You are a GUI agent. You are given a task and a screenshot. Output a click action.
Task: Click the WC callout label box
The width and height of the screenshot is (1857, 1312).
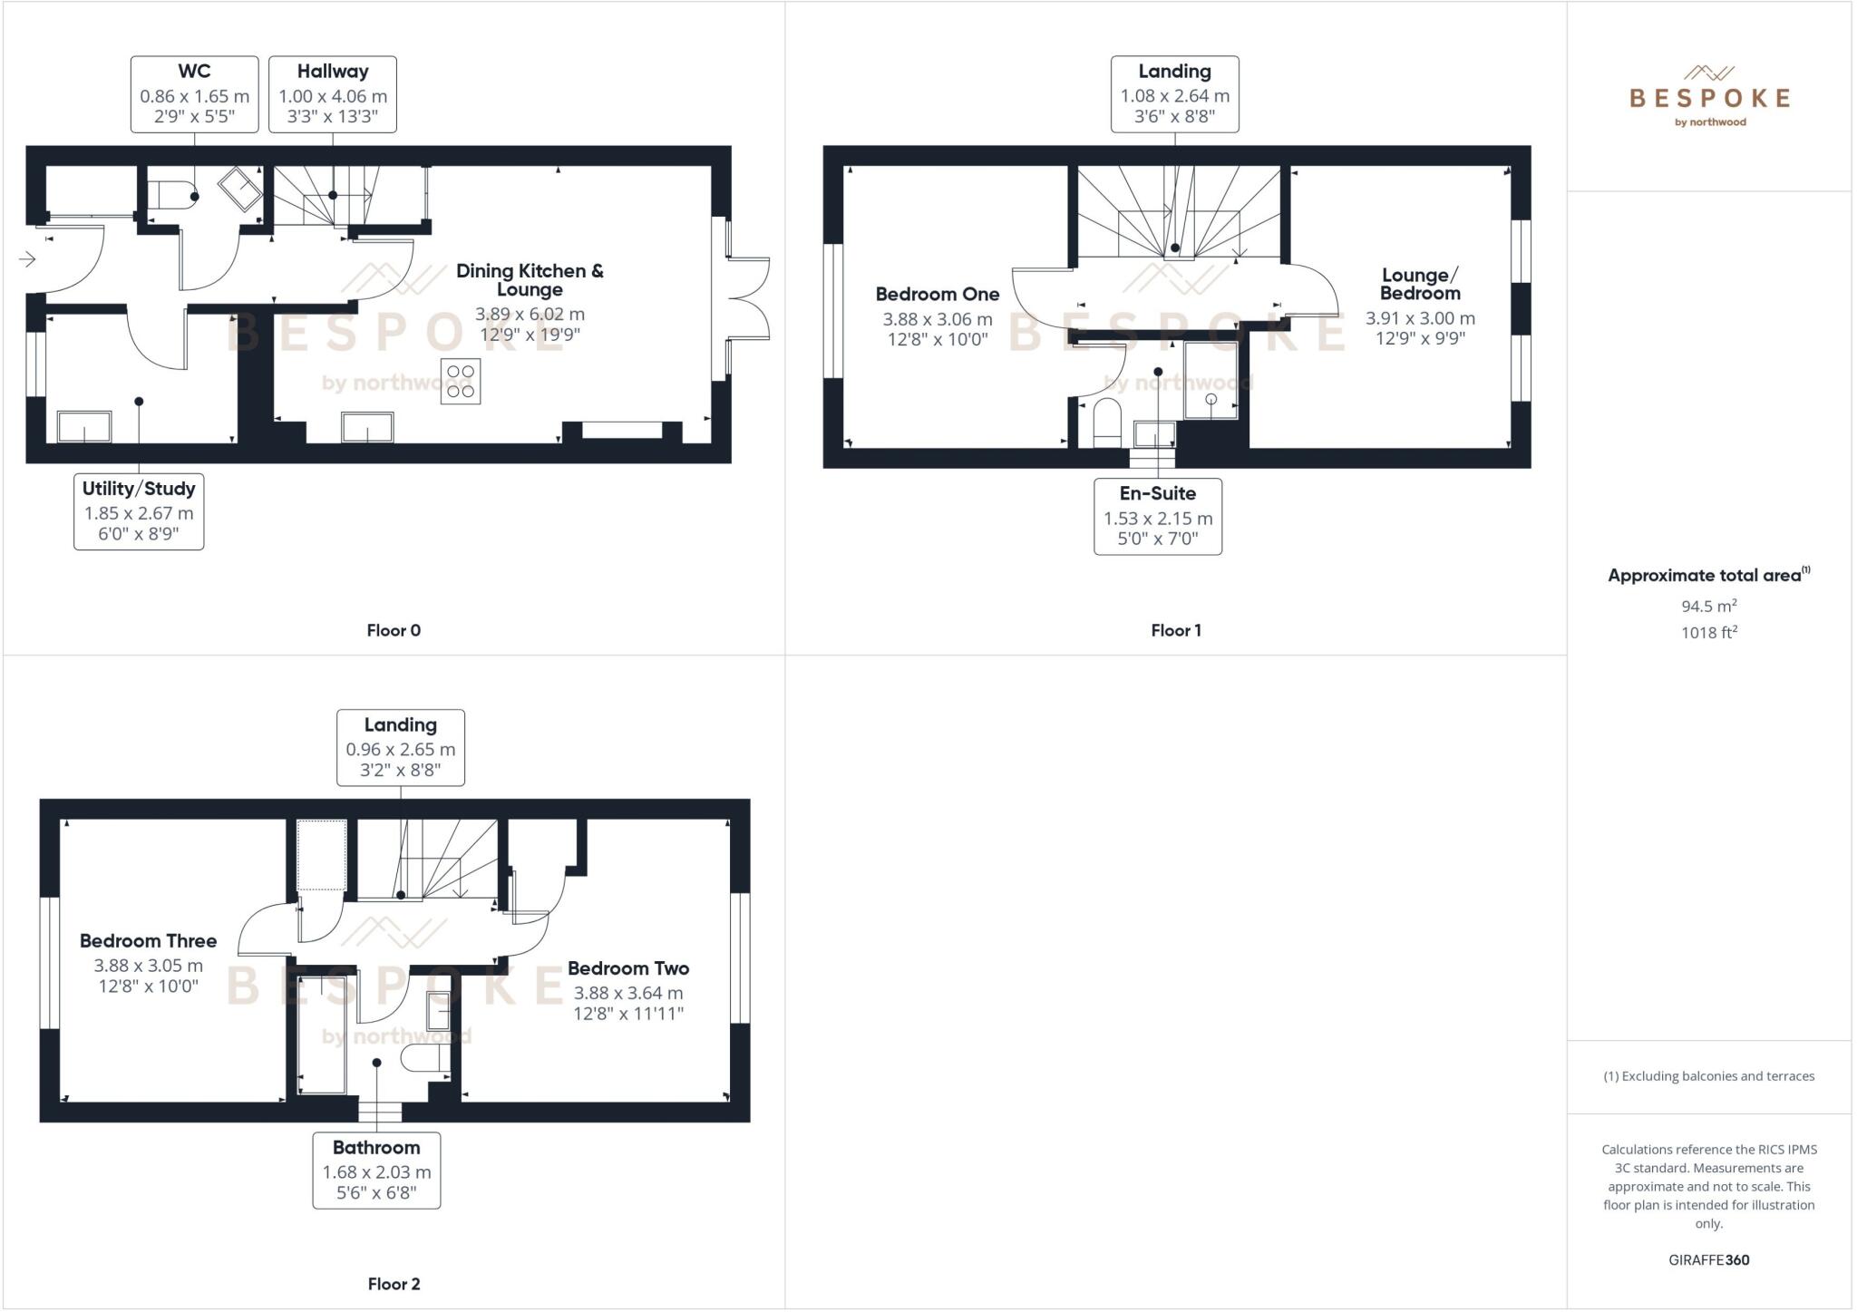(194, 94)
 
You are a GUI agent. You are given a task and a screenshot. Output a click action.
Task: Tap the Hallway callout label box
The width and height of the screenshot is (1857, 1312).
(332, 94)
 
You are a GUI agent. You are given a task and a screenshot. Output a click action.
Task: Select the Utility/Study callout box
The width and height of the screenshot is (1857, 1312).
(139, 511)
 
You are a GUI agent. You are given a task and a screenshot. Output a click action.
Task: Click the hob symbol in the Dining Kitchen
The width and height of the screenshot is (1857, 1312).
(461, 382)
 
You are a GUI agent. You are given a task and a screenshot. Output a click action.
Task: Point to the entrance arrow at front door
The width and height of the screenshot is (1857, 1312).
(27, 260)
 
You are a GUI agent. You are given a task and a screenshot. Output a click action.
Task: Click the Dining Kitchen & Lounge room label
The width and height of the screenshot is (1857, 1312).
(530, 279)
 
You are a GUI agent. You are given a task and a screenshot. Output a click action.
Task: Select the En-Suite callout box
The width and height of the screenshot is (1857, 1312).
(1158, 517)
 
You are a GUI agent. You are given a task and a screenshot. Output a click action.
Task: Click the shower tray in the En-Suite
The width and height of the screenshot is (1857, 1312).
(1211, 381)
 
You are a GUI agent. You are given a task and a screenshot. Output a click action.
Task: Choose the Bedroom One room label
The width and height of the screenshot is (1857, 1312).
(938, 294)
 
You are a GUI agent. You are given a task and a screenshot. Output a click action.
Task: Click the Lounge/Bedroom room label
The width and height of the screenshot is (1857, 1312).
(1420, 284)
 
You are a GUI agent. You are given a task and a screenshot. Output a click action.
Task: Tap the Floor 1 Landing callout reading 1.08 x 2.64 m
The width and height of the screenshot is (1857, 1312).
(1174, 94)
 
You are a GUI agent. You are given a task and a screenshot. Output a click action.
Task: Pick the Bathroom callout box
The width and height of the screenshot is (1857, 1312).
(376, 1171)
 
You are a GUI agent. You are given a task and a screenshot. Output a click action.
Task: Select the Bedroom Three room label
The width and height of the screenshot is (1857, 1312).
(148, 941)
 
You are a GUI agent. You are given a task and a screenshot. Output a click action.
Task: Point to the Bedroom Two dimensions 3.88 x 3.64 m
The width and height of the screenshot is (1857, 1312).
(628, 993)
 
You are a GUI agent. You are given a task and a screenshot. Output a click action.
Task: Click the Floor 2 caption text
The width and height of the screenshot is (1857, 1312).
(394, 1284)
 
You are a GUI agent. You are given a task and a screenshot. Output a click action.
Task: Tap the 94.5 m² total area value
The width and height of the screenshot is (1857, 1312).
(1708, 606)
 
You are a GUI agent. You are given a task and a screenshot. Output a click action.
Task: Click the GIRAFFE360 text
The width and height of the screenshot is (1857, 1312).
(1708, 1259)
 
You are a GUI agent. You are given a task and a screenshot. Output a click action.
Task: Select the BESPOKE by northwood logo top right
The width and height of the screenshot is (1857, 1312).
(1709, 97)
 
